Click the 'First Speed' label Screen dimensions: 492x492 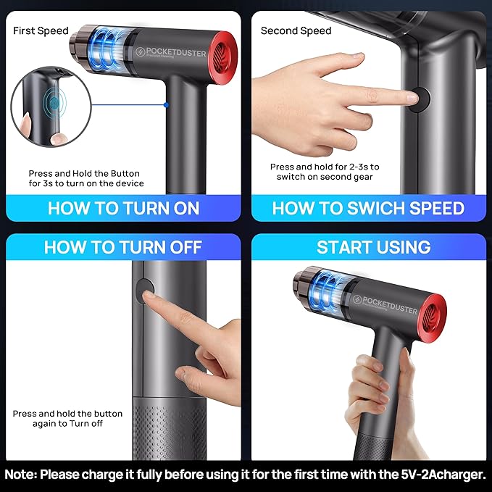(x=41, y=30)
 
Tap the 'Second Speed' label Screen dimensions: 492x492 (x=296, y=30)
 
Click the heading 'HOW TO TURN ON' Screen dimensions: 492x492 (x=123, y=209)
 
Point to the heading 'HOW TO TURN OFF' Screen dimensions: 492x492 (x=122, y=247)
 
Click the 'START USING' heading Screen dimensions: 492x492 (x=373, y=247)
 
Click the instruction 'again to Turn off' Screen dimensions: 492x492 (x=67, y=423)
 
